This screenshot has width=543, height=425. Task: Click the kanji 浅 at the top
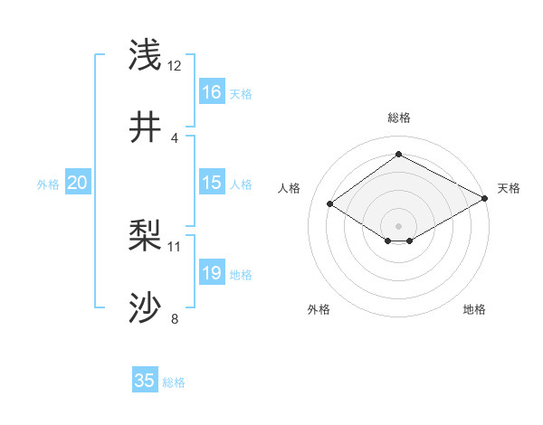click(x=146, y=55)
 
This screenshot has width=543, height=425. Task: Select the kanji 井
click(x=146, y=128)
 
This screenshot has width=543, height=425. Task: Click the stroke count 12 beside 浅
click(x=175, y=66)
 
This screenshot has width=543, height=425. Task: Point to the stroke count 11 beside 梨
click(x=175, y=246)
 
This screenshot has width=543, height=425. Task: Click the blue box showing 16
click(x=212, y=92)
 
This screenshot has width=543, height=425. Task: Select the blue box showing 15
click(x=212, y=183)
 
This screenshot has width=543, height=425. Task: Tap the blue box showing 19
click(x=212, y=273)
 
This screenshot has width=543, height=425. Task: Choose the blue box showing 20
click(x=78, y=183)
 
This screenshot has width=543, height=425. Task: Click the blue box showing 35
click(x=145, y=381)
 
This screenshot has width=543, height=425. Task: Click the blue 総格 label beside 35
click(x=174, y=382)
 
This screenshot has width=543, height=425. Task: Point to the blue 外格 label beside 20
click(x=48, y=184)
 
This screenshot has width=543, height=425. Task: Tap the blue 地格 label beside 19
click(x=241, y=275)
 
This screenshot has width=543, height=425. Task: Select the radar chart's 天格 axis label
click(x=509, y=188)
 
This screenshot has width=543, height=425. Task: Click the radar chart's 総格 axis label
click(x=399, y=118)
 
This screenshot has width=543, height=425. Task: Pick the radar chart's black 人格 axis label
click(x=290, y=188)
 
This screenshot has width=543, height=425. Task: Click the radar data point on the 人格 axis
click(x=330, y=204)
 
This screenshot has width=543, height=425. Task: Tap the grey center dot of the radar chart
click(x=399, y=225)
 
